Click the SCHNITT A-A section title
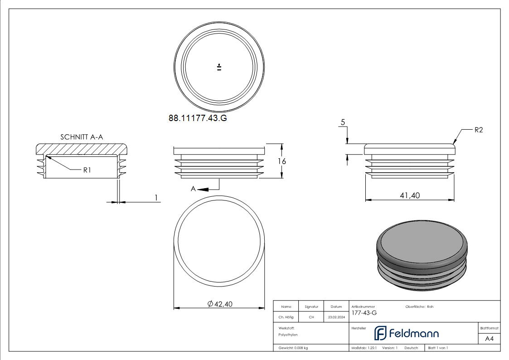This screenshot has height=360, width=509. click(x=81, y=136)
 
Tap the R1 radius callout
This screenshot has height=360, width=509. click(x=87, y=170)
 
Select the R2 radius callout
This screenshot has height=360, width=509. click(x=479, y=130)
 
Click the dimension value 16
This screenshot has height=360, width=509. click(x=281, y=161)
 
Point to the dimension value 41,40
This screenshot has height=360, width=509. click(x=410, y=195)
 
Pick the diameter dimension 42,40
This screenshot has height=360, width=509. click(x=220, y=304)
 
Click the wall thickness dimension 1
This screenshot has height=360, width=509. click(x=156, y=197)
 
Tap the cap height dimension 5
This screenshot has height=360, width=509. click(x=343, y=122)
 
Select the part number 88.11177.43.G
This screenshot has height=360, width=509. click(x=198, y=118)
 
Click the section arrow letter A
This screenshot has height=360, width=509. click(x=194, y=189)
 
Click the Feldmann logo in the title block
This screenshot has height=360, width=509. click(x=406, y=333)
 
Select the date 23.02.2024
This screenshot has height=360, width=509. click(x=336, y=317)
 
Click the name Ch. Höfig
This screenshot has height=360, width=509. click(x=286, y=317)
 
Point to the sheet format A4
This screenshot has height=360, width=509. click(x=490, y=339)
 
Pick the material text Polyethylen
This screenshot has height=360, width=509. click(x=288, y=335)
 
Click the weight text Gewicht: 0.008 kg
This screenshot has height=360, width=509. click(x=293, y=348)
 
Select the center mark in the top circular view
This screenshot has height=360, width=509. click(x=219, y=68)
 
